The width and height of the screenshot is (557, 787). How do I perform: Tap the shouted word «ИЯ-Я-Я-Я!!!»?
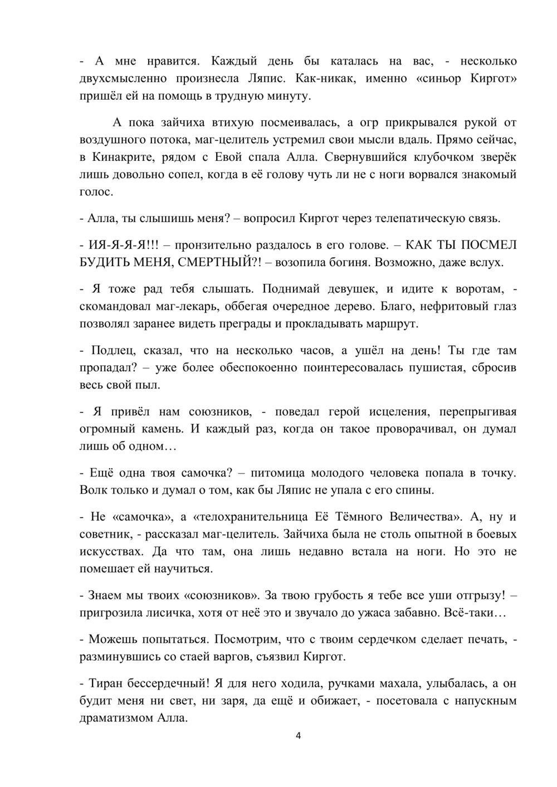(x=119, y=245)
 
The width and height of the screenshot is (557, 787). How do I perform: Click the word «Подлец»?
(x=108, y=351)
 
